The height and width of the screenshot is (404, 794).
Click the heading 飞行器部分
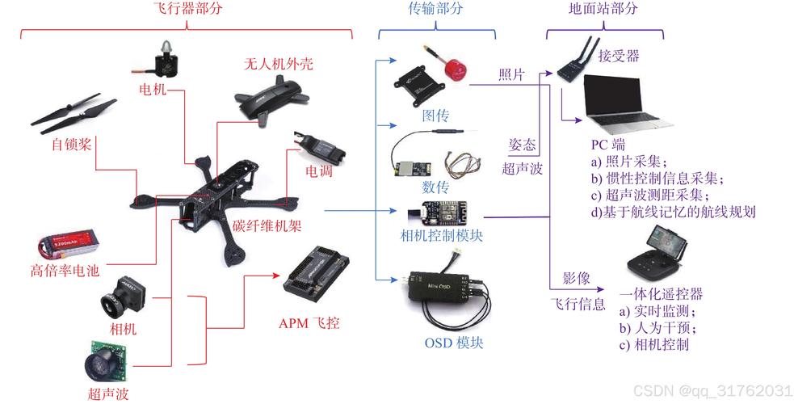(x=187, y=9)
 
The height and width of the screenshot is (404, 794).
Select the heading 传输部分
(x=436, y=9)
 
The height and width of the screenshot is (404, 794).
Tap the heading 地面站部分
(x=604, y=9)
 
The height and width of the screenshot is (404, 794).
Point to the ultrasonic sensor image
(x=105, y=360)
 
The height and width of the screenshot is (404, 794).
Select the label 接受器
(x=619, y=57)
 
